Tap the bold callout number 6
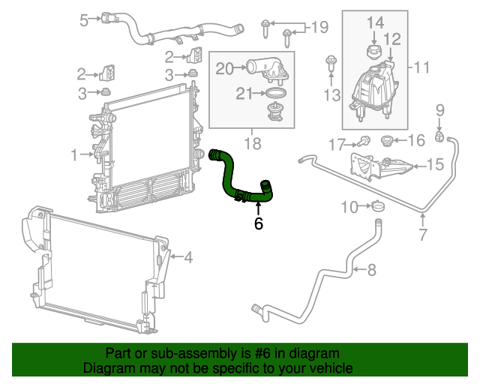point(259,223)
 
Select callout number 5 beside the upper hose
point(84,20)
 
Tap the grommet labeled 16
point(388,140)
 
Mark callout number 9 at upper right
point(440,112)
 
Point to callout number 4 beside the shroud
point(187,259)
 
